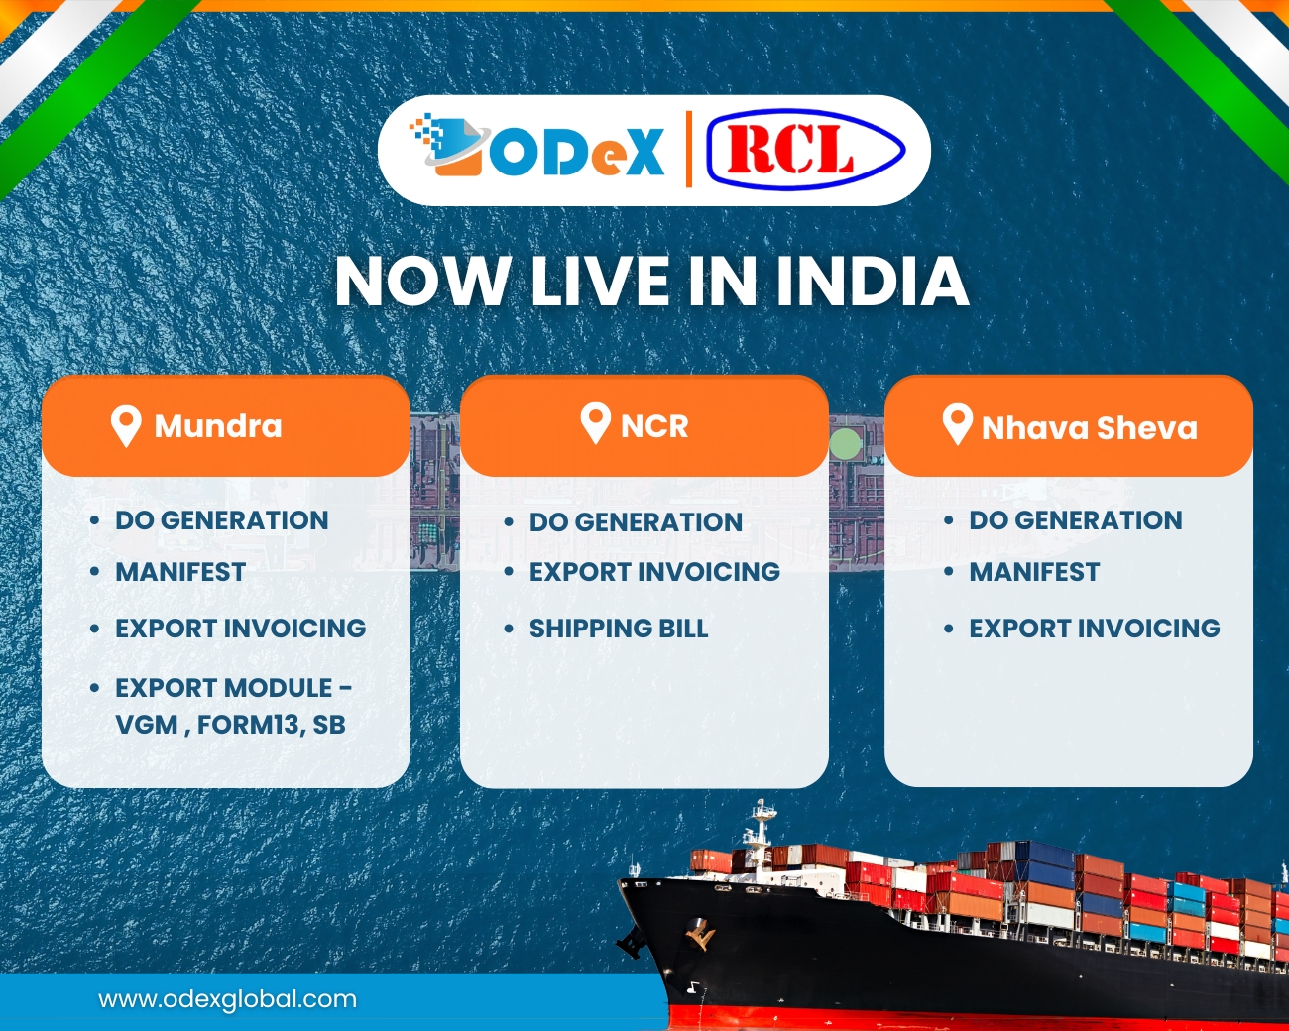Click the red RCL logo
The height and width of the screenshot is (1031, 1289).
pos(804,151)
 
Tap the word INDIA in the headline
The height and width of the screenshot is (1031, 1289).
pos(872,282)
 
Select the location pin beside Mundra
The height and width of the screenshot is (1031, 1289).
pos(126,426)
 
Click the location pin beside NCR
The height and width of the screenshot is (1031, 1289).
pos(595,423)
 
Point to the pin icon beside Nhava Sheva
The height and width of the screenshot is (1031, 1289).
pos(957,424)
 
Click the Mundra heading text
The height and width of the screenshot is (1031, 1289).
pos(218,426)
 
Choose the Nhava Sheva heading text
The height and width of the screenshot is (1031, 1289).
pos(1090,428)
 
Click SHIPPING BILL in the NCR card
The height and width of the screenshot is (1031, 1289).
pos(619,629)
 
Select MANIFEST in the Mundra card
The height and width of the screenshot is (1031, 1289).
pos(180,572)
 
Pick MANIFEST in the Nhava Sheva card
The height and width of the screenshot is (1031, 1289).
pos(1034,572)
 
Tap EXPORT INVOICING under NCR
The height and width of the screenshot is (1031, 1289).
pos(654,572)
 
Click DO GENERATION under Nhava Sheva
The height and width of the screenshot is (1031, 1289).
pos(1076,520)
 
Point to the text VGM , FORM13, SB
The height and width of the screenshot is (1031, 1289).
pos(230,725)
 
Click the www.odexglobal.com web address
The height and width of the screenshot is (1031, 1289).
pos(227,999)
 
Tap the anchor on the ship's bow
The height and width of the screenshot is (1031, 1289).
pos(701,932)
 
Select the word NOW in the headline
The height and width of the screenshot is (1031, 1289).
pos(422,282)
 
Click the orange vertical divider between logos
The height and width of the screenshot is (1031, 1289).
pos(689,150)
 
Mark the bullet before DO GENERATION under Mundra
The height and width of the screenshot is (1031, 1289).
pos(94,520)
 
